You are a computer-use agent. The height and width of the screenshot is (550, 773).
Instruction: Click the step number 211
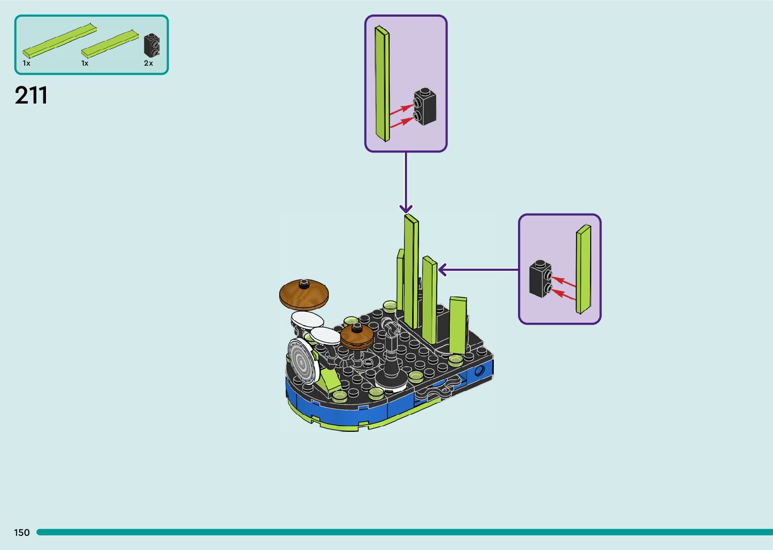tap(31, 95)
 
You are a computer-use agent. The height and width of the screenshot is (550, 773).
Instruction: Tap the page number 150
tap(22, 532)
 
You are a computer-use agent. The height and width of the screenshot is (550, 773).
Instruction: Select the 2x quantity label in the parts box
tap(148, 63)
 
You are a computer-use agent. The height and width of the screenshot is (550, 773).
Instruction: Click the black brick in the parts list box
tap(151, 45)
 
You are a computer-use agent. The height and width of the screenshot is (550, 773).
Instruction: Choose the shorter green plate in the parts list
tap(110, 43)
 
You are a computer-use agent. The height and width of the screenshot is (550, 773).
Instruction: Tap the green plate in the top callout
tap(382, 83)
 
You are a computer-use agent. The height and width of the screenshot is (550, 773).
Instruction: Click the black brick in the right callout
tap(540, 278)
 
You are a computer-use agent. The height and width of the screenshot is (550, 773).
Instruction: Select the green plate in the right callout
tap(583, 269)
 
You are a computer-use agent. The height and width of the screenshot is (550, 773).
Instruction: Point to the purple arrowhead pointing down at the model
tap(406, 209)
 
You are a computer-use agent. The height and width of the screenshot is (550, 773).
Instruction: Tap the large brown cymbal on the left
tap(304, 294)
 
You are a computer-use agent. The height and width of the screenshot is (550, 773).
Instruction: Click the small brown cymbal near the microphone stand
tap(356, 336)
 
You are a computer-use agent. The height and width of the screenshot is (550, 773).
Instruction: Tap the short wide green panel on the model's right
tap(458, 324)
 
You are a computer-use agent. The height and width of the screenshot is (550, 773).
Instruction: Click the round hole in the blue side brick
tap(479, 372)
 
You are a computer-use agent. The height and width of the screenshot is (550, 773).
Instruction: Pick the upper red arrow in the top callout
tap(401, 109)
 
